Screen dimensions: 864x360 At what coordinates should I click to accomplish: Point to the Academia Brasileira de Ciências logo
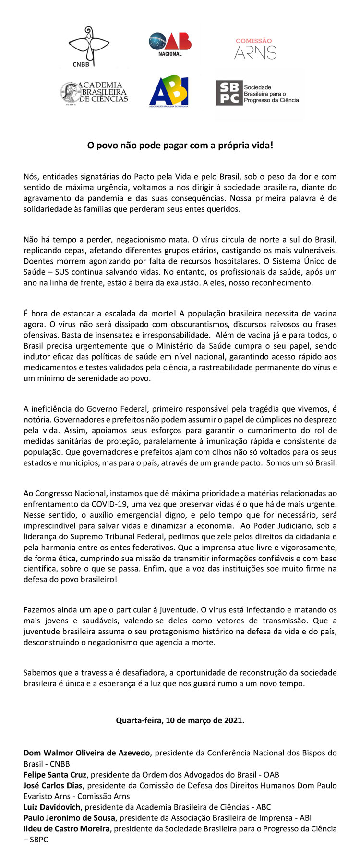[x=94, y=92]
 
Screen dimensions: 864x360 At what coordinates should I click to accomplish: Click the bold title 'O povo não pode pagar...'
[x=180, y=145]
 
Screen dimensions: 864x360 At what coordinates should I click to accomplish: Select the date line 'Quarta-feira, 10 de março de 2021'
[x=180, y=720]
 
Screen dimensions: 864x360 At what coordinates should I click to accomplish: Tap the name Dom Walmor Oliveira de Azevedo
[x=86, y=753]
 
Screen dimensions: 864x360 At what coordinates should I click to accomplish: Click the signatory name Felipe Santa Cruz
[x=55, y=774]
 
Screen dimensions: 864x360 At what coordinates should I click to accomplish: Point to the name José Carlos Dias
[x=53, y=785]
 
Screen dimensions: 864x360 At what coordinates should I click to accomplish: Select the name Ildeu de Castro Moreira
[x=66, y=828]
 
